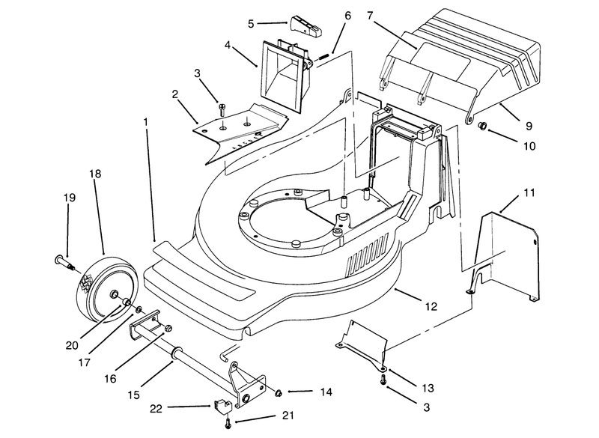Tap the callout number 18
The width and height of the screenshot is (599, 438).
click(x=95, y=174)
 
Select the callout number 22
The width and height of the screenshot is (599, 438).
click(x=156, y=409)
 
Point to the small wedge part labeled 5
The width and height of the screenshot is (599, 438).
click(x=305, y=27)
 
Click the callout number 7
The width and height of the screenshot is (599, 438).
click(x=369, y=16)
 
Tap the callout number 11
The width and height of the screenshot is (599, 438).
click(x=529, y=193)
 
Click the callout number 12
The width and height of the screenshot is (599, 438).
click(x=431, y=306)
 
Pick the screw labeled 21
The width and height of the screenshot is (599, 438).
click(x=228, y=422)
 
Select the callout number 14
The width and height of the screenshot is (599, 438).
click(x=326, y=392)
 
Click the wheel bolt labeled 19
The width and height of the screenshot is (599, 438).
click(x=65, y=263)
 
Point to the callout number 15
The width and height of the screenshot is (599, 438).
click(x=134, y=395)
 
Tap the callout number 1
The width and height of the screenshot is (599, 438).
click(x=145, y=122)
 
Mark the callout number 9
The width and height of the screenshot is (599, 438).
click(x=529, y=126)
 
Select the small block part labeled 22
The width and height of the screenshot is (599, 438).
click(x=222, y=406)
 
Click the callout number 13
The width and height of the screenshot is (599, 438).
click(x=428, y=388)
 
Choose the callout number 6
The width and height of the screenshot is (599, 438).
click(x=347, y=16)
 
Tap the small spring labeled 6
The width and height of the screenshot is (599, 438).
click(x=323, y=56)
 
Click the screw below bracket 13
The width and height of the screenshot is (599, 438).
click(x=383, y=379)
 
